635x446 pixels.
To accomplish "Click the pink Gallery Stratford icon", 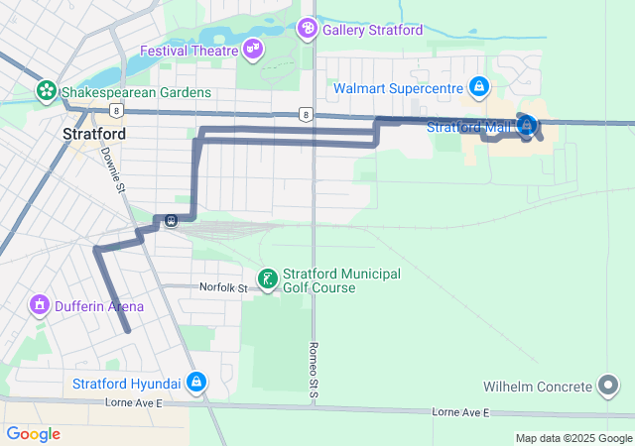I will [x=308, y=29].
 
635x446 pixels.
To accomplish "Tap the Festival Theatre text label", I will [x=190, y=51].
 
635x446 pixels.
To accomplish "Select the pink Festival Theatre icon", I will [x=253, y=48].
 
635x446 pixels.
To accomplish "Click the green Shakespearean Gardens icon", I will [x=46, y=91].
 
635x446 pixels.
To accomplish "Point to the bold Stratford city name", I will [x=93, y=133].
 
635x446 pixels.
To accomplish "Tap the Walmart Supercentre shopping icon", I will [x=479, y=87].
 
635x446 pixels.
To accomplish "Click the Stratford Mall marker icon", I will [x=526, y=125].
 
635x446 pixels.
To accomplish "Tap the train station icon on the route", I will [x=172, y=220].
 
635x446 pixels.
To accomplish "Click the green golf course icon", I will [x=267, y=279].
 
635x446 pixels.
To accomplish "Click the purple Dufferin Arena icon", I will [x=40, y=305].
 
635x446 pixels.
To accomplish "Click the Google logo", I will [x=34, y=434].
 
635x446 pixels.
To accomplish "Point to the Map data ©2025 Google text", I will [x=573, y=438].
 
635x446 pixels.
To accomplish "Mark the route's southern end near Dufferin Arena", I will [x=128, y=331].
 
